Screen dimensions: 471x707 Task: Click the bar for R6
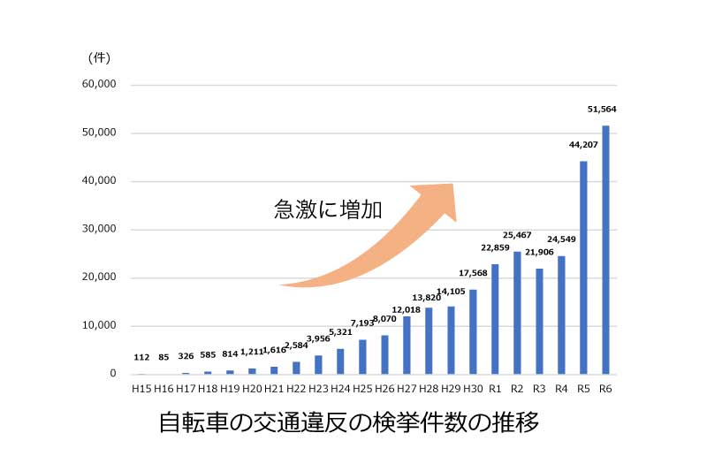point(605,250)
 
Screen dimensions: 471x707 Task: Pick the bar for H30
point(473,331)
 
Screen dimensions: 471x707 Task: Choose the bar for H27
point(407,346)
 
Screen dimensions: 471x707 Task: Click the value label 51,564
point(602,110)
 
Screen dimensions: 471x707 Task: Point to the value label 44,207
point(583,144)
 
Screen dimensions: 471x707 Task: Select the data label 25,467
point(517,235)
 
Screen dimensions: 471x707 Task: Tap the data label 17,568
point(473,272)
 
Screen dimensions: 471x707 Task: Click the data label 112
point(141,358)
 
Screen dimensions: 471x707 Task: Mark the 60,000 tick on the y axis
point(99,85)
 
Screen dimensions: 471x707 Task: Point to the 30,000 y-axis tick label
point(99,229)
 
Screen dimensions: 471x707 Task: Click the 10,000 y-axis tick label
point(99,325)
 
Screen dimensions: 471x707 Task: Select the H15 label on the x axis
point(141,389)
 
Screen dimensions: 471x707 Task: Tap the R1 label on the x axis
point(495,389)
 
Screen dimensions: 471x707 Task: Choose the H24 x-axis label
point(340,389)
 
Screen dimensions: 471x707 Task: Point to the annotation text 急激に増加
point(327,209)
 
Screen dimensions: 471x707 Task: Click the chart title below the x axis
point(348,423)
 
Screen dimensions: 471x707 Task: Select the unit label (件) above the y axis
point(98,58)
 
